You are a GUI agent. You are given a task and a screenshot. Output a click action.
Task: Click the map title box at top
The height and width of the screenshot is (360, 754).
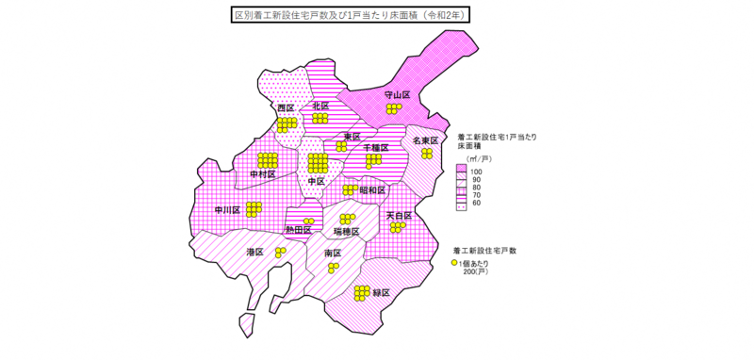pyautogui.click(x=352, y=16)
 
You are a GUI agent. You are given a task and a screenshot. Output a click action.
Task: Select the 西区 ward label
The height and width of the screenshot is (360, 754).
pyautogui.click(x=286, y=108)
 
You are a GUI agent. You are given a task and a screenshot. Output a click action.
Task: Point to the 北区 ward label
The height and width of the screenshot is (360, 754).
pyautogui.click(x=320, y=106)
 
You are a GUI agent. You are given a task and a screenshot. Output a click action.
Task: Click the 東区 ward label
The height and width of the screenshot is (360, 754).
pyautogui.click(x=352, y=138)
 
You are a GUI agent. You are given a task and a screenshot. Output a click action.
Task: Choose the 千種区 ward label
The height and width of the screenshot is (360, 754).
pyautogui.click(x=375, y=148)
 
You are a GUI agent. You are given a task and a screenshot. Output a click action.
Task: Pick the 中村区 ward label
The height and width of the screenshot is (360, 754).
pyautogui.click(x=262, y=174)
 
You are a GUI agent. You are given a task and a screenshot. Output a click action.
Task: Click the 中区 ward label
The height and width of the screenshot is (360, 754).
pyautogui.click(x=316, y=181)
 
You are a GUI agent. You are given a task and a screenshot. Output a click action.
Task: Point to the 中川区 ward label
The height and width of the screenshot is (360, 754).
pyautogui.click(x=227, y=209)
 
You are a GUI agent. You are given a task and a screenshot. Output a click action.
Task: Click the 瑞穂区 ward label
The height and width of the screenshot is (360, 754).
pyautogui.click(x=347, y=231)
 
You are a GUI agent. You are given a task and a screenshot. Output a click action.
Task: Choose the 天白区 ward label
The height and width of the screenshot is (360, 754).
pyautogui.click(x=399, y=216)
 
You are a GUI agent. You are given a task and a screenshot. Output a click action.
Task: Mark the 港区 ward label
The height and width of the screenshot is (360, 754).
pyautogui.click(x=254, y=252)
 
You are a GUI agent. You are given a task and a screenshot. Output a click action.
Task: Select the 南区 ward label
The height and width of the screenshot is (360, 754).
pyautogui.click(x=332, y=254)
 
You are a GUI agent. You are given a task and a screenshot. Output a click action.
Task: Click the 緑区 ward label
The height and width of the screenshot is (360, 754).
pyautogui.click(x=382, y=293)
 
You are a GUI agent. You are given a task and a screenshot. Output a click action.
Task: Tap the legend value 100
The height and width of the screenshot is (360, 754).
pyautogui.click(x=477, y=172)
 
